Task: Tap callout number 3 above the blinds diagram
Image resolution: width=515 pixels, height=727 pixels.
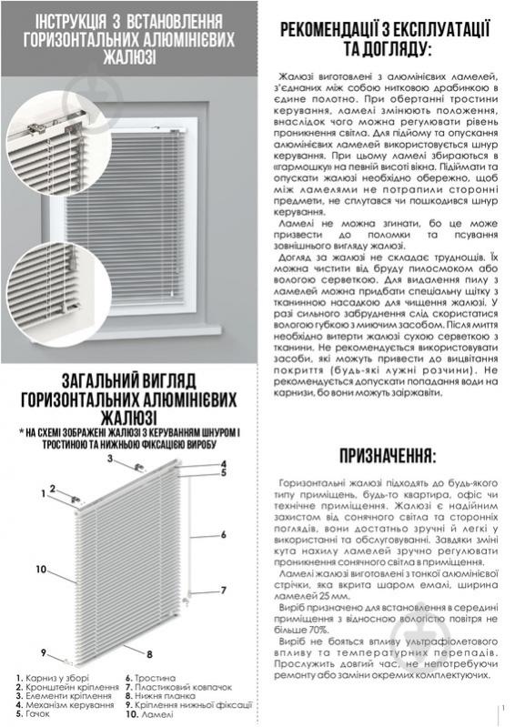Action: pyautogui.click(x=109, y=459)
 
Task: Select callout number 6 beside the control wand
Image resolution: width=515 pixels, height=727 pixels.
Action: pyautogui.click(x=222, y=534)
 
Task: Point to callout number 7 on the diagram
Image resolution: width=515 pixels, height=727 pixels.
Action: pyautogui.click(x=222, y=591)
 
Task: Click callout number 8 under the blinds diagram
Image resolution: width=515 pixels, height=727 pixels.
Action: pyautogui.click(x=149, y=654)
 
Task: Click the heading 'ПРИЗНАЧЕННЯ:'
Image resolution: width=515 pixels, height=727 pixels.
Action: pyautogui.click(x=387, y=455)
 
